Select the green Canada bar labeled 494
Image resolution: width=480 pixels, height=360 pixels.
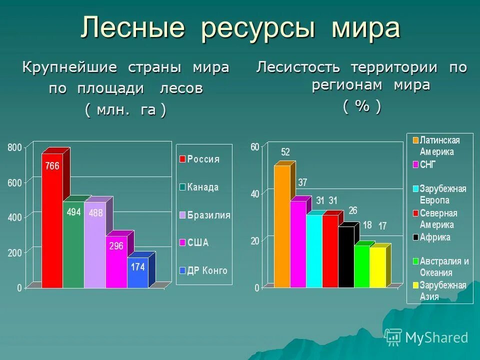tap(73, 245)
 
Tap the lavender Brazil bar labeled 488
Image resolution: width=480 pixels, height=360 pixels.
tap(95, 245)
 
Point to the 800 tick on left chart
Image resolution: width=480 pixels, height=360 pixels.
tap(14, 147)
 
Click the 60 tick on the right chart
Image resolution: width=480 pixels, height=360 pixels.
tap(255, 147)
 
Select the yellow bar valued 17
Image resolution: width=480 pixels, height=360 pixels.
tap(378, 267)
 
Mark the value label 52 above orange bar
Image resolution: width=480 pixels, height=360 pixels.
tap(285, 152)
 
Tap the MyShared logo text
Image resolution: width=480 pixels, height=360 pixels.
tap(436, 338)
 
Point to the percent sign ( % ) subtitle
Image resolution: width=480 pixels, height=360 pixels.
tap(362, 106)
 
